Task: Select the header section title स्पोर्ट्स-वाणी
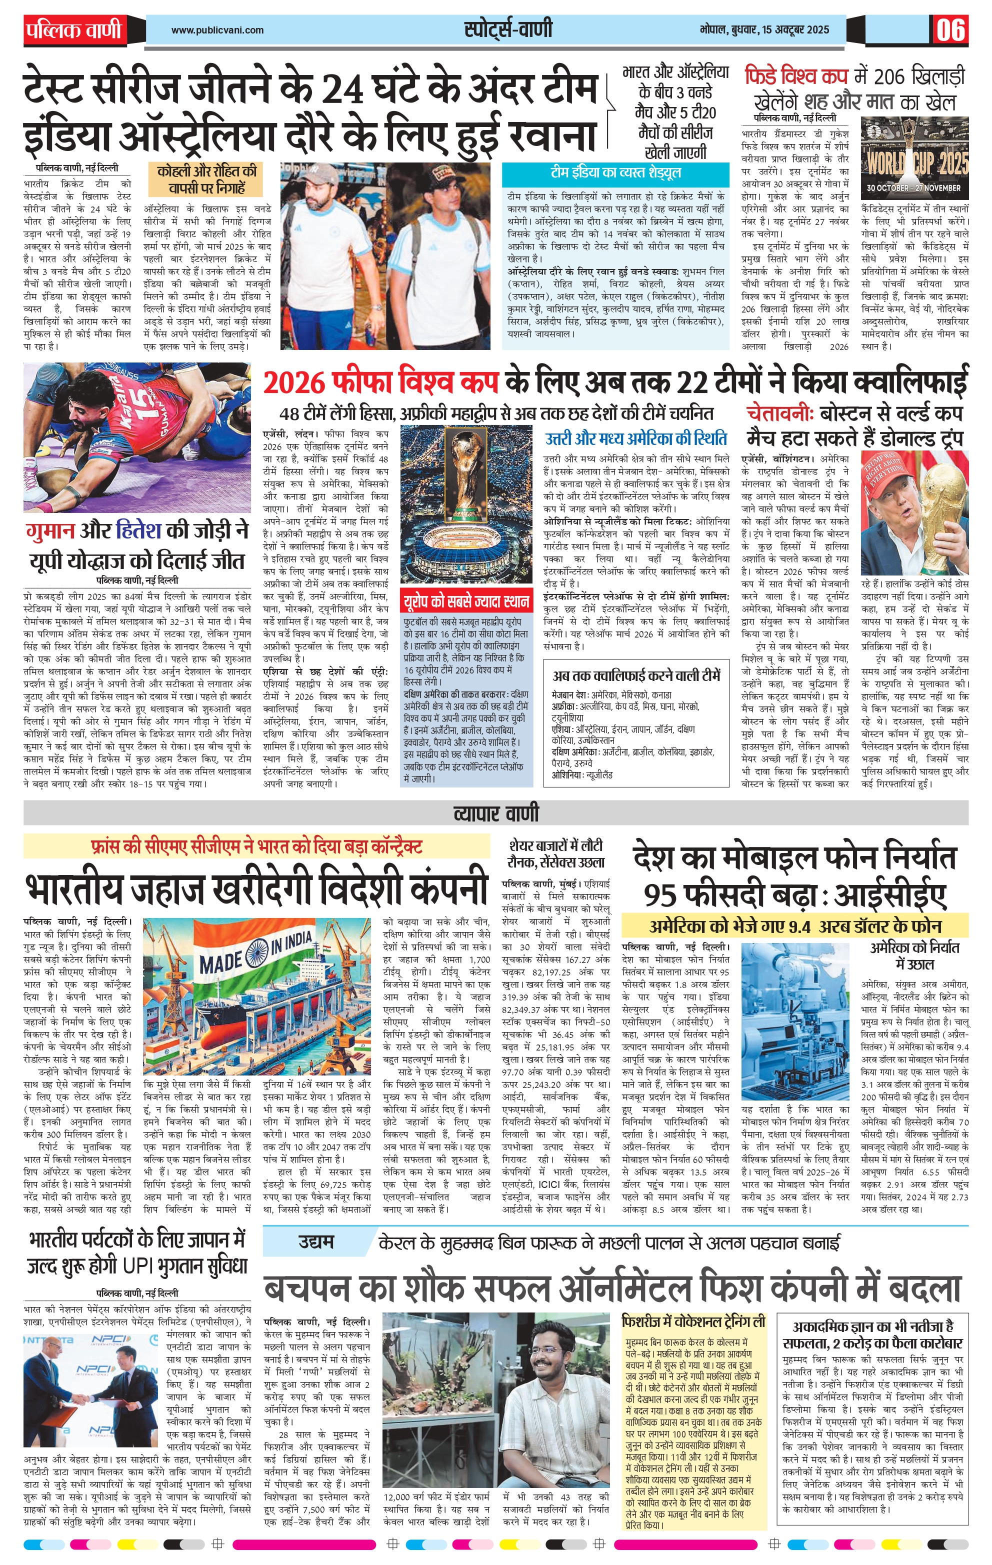[x=508, y=29]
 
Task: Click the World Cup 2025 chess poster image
[x=914, y=157]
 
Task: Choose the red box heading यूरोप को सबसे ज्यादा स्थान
[x=465, y=600]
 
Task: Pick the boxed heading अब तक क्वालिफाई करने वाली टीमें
[x=636, y=676]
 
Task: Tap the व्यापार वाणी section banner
[x=496, y=813]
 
